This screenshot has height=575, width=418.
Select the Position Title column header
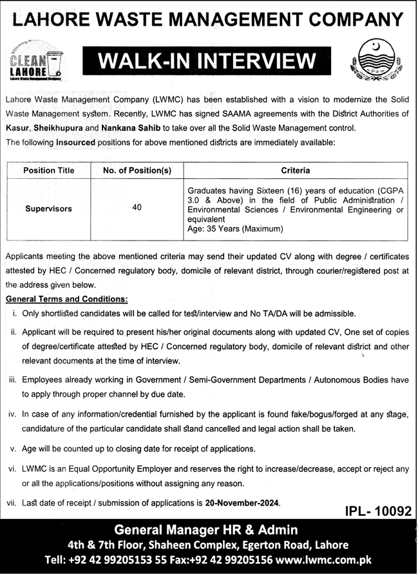[x=49, y=171]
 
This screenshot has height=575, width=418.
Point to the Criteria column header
[x=296, y=171]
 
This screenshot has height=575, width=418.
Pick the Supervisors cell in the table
[x=49, y=209]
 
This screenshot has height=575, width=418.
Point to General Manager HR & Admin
[x=205, y=530]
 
